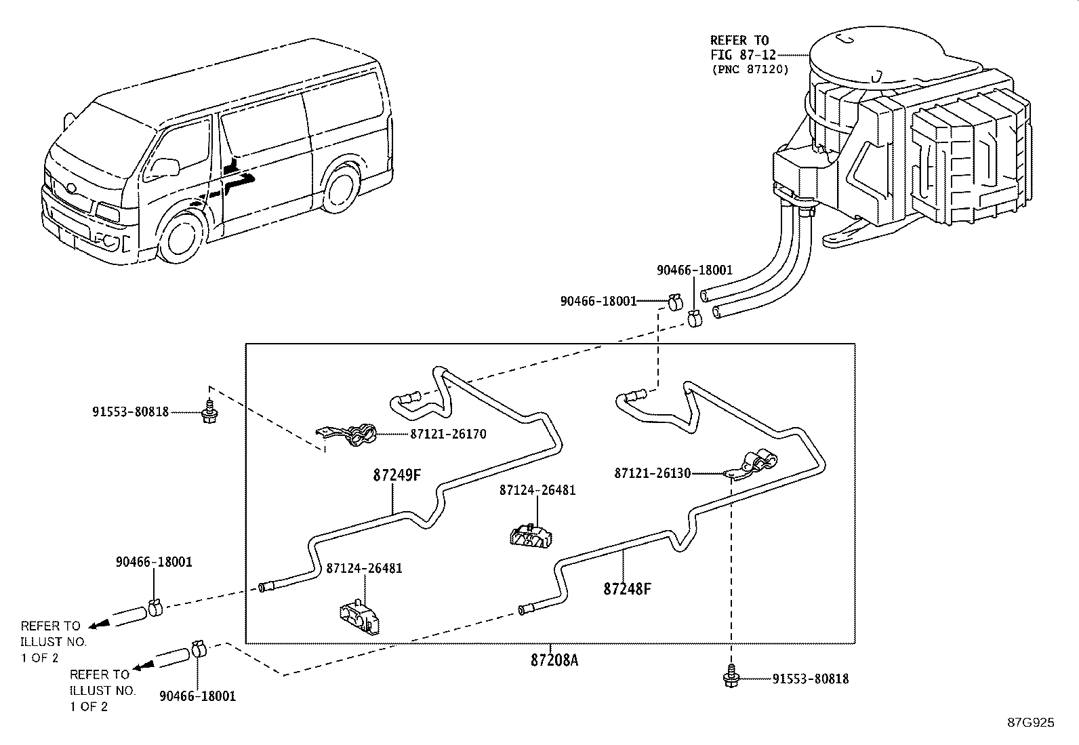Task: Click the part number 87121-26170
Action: click(x=447, y=434)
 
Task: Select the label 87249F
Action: click(x=396, y=475)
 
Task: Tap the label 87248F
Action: click(x=627, y=588)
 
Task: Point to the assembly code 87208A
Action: click(x=554, y=660)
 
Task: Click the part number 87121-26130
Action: click(x=652, y=473)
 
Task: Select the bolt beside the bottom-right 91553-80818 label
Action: click(x=731, y=679)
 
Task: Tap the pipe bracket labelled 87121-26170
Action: click(x=350, y=435)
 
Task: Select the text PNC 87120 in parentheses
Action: click(x=750, y=69)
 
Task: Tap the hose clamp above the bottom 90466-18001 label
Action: click(x=199, y=649)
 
